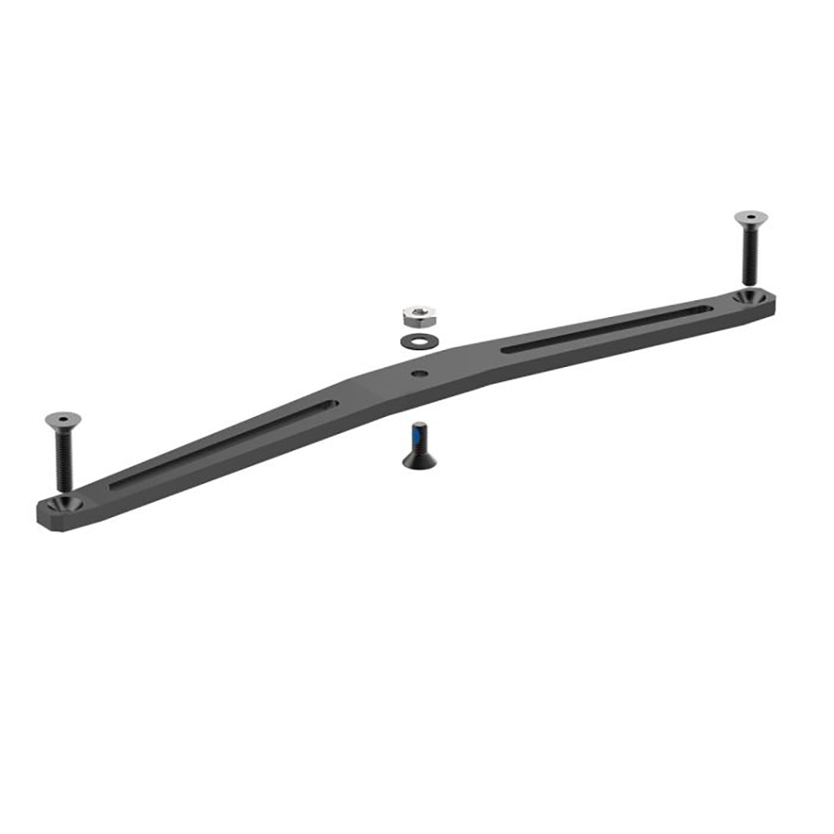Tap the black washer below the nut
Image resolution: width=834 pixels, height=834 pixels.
tap(414, 340)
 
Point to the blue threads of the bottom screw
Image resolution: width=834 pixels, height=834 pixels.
tap(417, 435)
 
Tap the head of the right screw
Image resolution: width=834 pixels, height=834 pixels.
tap(751, 218)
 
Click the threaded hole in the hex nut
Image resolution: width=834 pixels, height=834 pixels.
tap(414, 313)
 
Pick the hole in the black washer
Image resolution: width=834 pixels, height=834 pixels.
tap(414, 340)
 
